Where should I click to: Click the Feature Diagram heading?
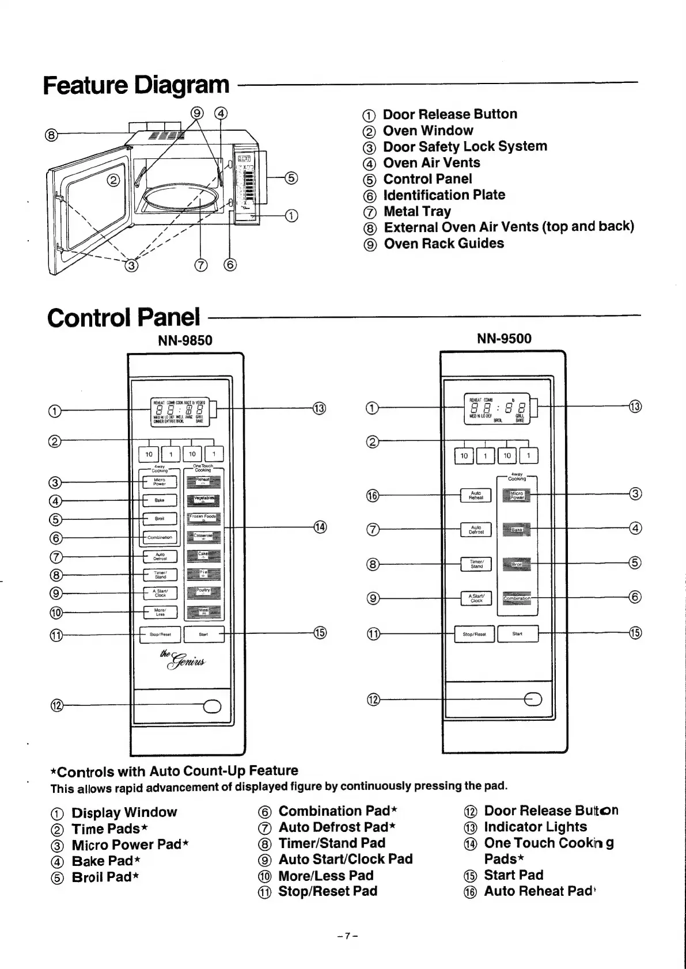coord(136,85)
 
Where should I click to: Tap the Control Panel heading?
coord(123,317)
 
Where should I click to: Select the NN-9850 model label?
coord(185,340)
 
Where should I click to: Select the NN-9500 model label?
coord(504,339)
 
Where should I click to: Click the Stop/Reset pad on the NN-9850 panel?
coord(160,634)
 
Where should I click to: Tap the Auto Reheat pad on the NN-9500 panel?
coord(476,495)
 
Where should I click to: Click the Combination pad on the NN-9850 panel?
coord(160,537)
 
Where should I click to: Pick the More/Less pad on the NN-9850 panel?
coord(160,611)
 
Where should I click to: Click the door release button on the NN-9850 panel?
coord(211,706)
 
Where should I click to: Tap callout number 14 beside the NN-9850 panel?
coord(320,527)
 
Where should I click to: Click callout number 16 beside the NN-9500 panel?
coord(373,496)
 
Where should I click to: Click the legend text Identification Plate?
coord(444,195)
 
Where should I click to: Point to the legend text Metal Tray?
coord(417,211)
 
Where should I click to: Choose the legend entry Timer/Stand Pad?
coord(332,843)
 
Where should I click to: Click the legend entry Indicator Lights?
coord(535,827)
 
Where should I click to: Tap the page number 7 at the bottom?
coord(348,936)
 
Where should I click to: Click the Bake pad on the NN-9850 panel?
coord(160,500)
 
